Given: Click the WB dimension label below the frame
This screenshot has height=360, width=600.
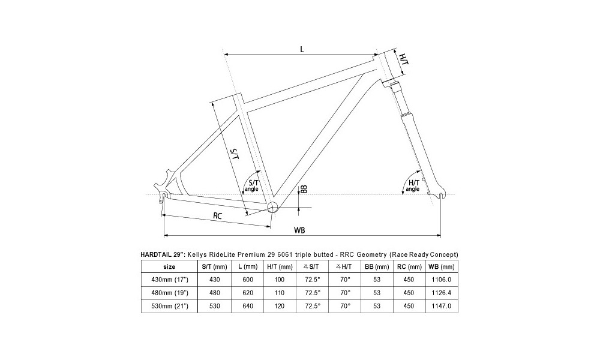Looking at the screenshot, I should [x=298, y=230].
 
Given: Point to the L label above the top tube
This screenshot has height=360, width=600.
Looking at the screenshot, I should [x=302, y=50].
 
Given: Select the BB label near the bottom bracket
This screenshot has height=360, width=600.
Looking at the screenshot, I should [x=304, y=189].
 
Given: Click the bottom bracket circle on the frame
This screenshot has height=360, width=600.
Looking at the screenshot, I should [x=271, y=207].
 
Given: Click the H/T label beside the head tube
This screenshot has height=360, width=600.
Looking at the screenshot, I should [x=403, y=60].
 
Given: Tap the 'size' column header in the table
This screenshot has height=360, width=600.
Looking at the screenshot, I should [x=169, y=266].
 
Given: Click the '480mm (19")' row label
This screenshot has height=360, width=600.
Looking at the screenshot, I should [x=169, y=292].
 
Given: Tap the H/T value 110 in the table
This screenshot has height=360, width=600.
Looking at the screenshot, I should [x=280, y=292].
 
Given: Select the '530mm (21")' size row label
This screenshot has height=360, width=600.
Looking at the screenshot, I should [x=169, y=305].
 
